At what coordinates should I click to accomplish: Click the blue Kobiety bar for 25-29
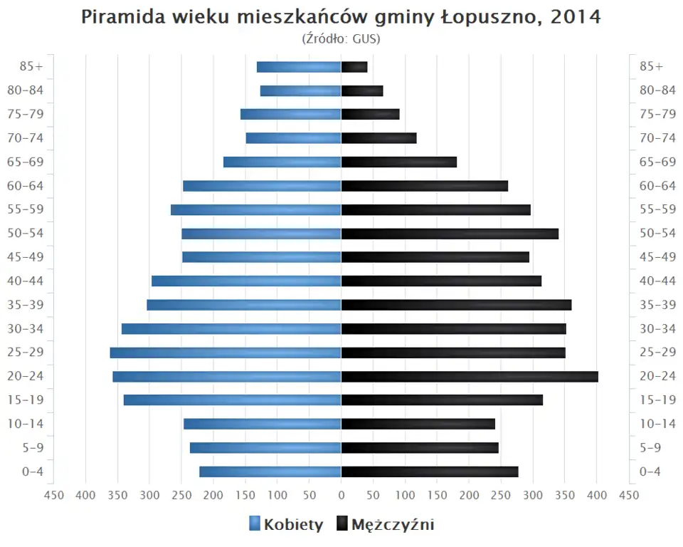tap(226, 353)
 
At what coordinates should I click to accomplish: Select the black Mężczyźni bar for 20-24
tap(470, 376)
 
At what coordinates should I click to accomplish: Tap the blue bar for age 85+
tap(299, 67)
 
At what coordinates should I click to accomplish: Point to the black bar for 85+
tap(354, 67)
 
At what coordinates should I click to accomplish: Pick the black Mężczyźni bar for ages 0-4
tap(430, 472)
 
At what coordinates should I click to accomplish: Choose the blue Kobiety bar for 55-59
tap(256, 209)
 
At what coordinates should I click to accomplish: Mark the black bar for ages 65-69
tap(399, 162)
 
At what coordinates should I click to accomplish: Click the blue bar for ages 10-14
tap(263, 424)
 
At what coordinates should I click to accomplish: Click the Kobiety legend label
tap(293, 525)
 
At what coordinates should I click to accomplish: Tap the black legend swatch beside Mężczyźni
tap(341, 525)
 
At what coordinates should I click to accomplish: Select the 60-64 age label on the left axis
tap(27, 185)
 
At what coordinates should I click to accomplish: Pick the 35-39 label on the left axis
tap(27, 305)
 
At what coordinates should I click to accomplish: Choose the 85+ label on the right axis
tap(651, 66)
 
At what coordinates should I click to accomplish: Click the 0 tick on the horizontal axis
tap(341, 496)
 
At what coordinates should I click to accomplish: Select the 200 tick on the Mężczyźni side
tap(470, 496)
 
